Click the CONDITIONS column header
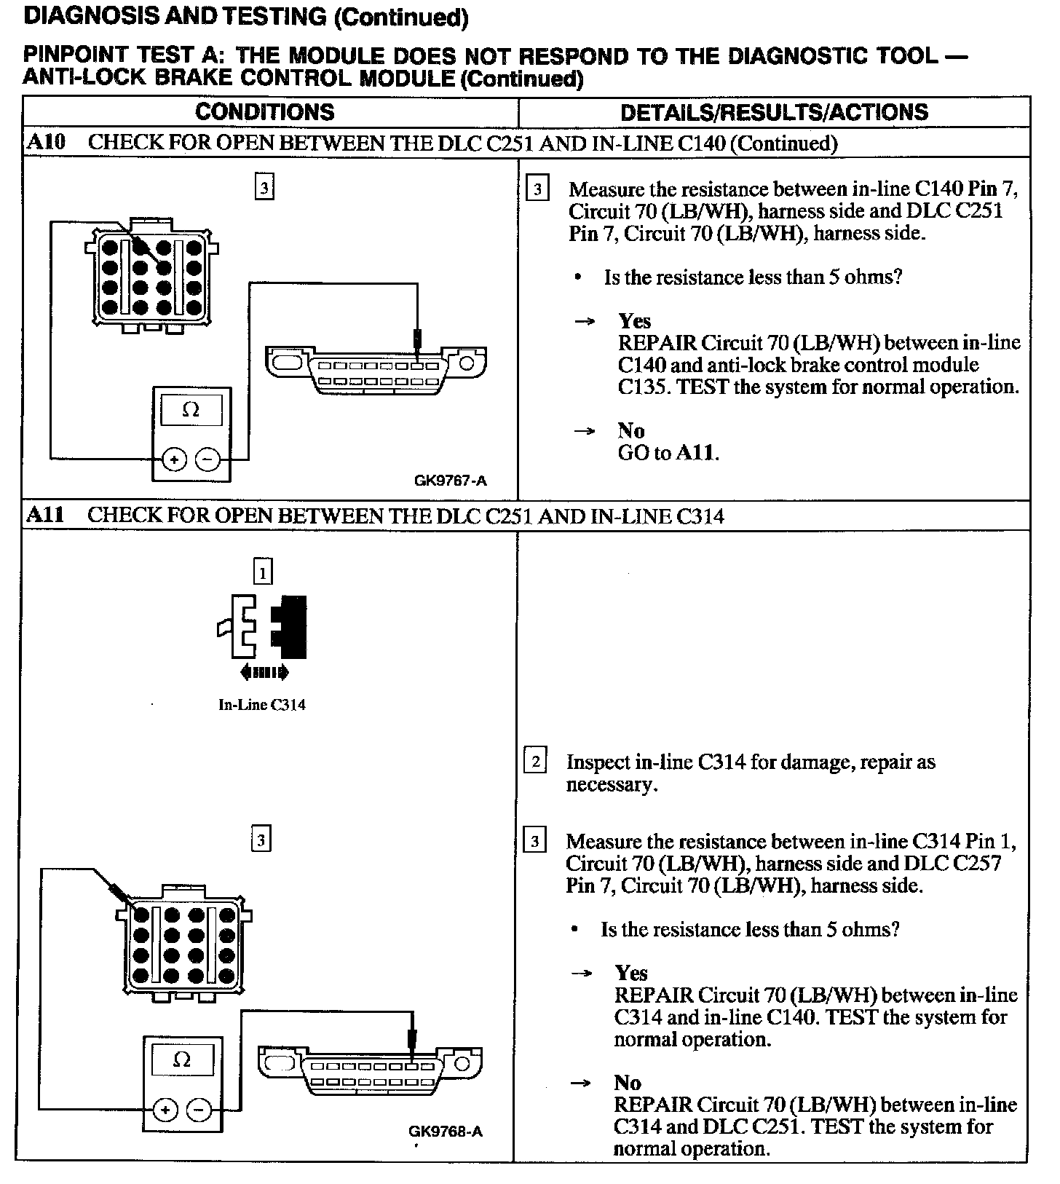point(265,112)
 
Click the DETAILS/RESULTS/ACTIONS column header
point(774,112)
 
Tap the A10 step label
point(45,142)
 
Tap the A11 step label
point(45,516)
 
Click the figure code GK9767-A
point(450,481)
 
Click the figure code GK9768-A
point(446,1131)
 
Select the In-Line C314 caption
point(262,705)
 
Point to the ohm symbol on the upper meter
point(191,410)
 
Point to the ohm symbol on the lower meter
point(182,1059)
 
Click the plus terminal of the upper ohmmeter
point(173,459)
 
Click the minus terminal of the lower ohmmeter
point(199,1110)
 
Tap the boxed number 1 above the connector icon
point(263,572)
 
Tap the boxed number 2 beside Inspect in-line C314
point(535,762)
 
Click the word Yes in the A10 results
point(634,321)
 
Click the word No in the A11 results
point(628,1083)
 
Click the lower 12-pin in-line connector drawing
point(186,944)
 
